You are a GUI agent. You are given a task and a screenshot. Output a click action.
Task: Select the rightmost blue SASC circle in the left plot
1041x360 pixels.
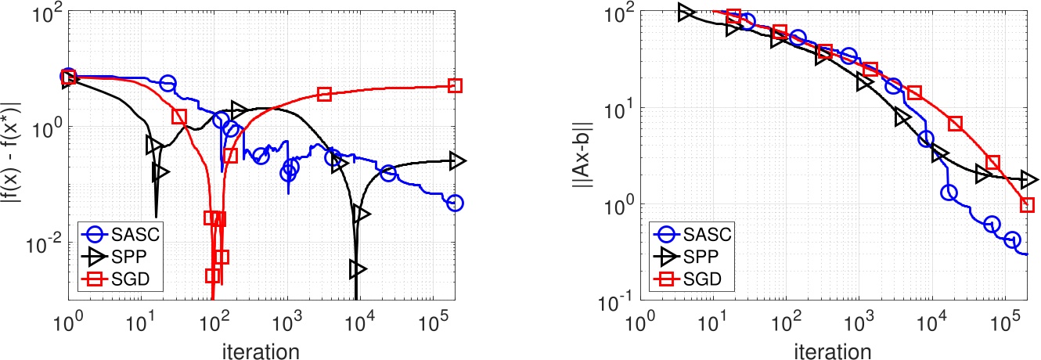[455, 203]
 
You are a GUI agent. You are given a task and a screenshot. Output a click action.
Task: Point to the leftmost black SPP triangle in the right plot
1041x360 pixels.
[686, 13]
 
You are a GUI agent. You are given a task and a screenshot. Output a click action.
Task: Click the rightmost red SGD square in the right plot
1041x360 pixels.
[1027, 205]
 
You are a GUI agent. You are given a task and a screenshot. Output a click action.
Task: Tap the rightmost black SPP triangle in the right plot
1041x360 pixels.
[1029, 179]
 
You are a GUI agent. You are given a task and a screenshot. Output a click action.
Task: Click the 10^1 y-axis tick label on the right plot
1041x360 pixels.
[620, 109]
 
